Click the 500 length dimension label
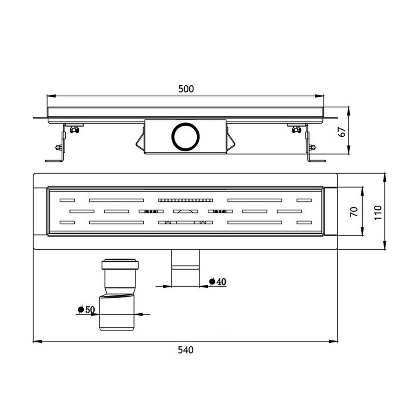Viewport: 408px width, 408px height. (186, 89)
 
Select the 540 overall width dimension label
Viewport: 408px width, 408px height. (186, 350)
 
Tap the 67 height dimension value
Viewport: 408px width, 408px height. (341, 132)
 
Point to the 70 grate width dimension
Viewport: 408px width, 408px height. (354, 211)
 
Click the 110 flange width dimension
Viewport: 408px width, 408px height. (377, 212)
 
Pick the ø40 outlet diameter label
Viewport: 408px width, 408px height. (218, 281)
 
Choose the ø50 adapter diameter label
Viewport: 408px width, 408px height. (86, 309)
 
